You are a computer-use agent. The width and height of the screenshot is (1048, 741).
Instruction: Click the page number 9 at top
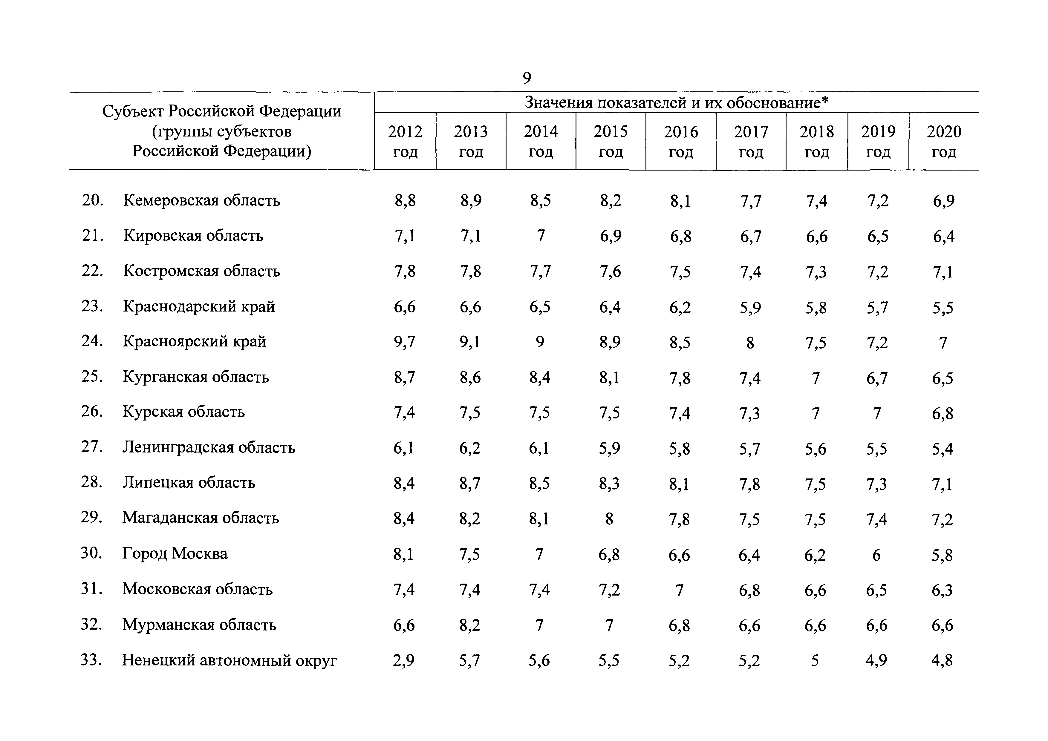(527, 78)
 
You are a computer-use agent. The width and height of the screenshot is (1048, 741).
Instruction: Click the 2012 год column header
(405, 142)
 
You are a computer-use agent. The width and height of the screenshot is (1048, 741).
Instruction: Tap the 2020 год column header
(943, 142)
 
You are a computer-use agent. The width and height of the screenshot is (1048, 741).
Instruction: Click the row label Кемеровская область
(201, 200)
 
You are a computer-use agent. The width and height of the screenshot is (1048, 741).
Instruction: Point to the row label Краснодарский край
(199, 306)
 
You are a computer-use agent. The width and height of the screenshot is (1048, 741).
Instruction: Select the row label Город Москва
(175, 553)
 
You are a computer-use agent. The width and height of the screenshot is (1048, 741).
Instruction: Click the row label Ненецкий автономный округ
(230, 660)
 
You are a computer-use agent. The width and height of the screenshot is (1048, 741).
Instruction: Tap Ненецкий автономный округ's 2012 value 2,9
(404, 661)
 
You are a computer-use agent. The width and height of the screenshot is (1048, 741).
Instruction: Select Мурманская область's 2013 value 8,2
(470, 625)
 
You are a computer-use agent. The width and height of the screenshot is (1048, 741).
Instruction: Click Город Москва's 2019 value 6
(876, 555)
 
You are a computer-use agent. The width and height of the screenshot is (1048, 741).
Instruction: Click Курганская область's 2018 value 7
(816, 378)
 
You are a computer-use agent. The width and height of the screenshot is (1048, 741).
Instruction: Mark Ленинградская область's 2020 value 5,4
(943, 449)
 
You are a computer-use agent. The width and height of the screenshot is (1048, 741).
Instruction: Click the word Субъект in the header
(132, 111)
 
